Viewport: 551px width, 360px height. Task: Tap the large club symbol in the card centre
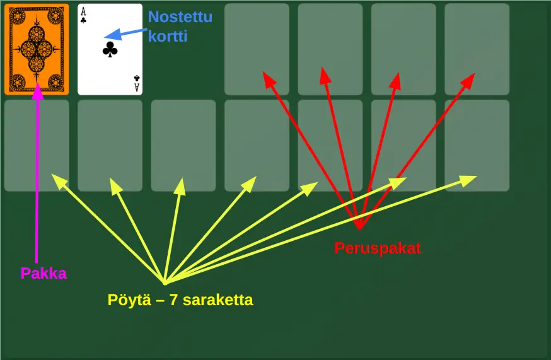pos(110,50)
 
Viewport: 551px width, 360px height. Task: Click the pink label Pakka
pos(43,273)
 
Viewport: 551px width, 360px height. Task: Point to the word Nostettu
pos(180,17)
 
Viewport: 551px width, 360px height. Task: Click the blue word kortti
pos(168,36)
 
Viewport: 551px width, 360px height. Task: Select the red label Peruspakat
pos(377,248)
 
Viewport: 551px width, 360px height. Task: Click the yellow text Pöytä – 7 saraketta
pos(180,299)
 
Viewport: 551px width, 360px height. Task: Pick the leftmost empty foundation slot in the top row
pos(257,38)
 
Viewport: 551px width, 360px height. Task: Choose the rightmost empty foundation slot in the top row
pos(477,38)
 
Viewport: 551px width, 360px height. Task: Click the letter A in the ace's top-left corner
pos(83,11)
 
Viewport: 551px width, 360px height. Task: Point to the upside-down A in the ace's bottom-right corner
pos(137,87)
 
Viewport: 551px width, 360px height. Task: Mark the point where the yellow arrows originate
pos(164,282)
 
